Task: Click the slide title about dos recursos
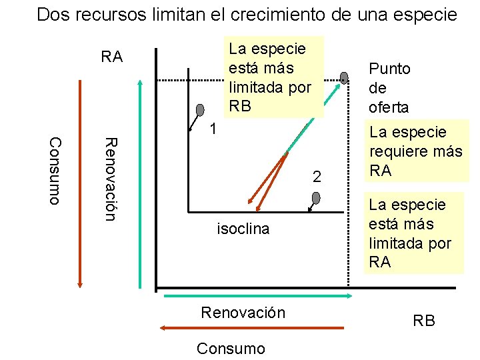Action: tap(247, 15)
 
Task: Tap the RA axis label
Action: tap(112, 57)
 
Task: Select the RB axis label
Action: tap(424, 321)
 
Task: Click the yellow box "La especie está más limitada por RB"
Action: tap(273, 77)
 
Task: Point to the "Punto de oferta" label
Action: tap(390, 87)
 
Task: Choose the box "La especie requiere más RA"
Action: tap(415, 151)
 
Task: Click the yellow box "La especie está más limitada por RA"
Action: tap(415, 233)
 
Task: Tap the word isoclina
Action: tap(243, 229)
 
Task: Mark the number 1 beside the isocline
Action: tap(211, 129)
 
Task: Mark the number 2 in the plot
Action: tap(317, 177)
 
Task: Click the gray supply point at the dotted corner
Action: tap(344, 78)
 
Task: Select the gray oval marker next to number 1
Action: tap(201, 111)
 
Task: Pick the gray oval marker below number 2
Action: tap(316, 198)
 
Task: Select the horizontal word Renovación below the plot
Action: tap(243, 313)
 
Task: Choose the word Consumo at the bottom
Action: tap(231, 348)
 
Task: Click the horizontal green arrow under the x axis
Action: tap(253, 295)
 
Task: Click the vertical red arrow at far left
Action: tap(80, 183)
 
